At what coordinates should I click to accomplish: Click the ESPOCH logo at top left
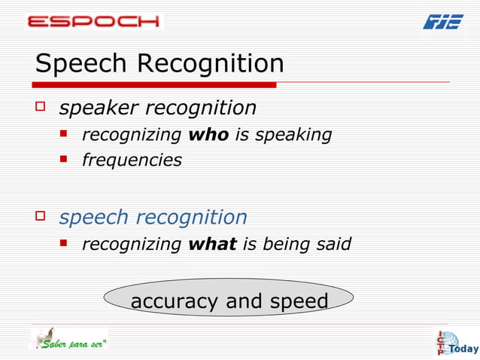point(93,20)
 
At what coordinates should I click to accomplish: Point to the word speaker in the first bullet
point(99,108)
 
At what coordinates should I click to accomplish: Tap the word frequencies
point(132,160)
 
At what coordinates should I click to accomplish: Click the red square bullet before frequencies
point(65,160)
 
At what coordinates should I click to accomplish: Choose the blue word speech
point(94,218)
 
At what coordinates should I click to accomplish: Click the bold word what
point(212,245)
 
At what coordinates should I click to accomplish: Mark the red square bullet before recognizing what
point(65,244)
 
